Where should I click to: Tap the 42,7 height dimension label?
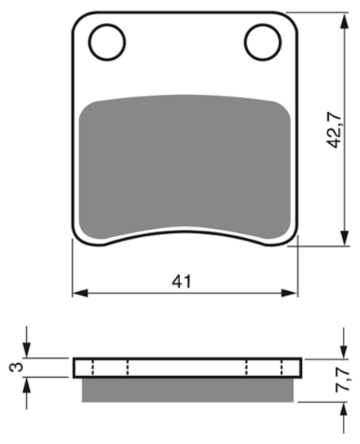coord(334,130)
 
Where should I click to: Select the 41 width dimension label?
coord(182,281)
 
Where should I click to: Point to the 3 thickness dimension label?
coord(16,367)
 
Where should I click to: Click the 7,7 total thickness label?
coord(342,379)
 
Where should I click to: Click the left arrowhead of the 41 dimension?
coord(80,293)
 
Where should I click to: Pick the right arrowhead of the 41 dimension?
coord(289,293)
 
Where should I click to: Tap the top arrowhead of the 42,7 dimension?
coord(344,21)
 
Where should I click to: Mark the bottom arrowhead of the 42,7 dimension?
coord(344,238)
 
